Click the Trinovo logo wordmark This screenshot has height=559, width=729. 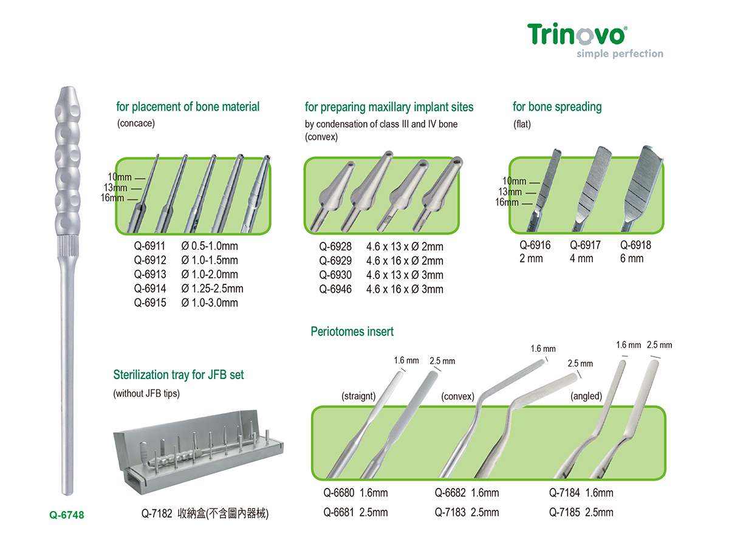[576, 34]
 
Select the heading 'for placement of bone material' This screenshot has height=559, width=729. [188, 107]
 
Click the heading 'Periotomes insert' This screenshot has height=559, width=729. [352, 332]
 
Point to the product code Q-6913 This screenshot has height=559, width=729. [150, 275]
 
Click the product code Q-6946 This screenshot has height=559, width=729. [335, 289]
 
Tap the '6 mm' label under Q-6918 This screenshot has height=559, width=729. [632, 259]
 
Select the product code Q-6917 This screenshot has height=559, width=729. [585, 245]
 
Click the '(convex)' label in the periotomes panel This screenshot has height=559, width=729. [457, 396]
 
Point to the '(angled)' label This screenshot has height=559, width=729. [586, 396]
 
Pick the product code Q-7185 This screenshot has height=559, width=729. [565, 512]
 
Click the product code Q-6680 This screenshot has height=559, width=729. [339, 493]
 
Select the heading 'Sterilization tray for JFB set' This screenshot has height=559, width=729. [179, 375]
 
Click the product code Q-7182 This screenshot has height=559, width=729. [157, 514]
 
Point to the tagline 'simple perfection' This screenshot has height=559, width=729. [620, 53]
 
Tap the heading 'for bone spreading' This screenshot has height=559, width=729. [557, 107]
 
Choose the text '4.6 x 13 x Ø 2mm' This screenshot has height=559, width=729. [405, 247]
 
